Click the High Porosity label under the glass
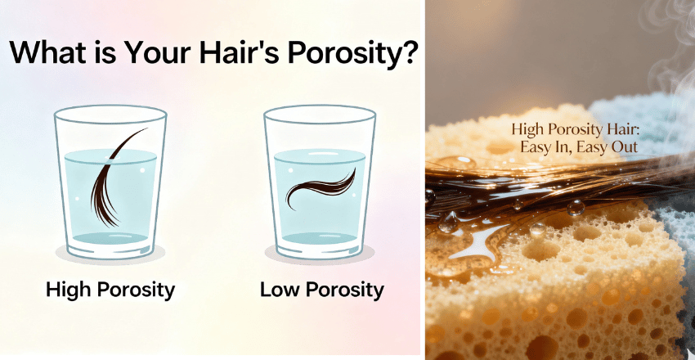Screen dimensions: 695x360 [x=110, y=290]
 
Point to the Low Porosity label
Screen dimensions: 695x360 [x=322, y=290]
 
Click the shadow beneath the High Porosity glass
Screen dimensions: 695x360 [x=110, y=254]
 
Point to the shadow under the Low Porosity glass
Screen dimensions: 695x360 [x=320, y=254]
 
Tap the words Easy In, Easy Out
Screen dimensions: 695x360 [x=579, y=147]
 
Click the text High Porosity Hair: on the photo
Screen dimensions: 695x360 [x=575, y=130]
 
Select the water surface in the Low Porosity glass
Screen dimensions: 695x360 [x=320, y=156]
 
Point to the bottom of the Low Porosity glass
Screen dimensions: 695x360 [x=320, y=240]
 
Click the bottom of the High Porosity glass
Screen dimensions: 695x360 [x=110, y=240]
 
